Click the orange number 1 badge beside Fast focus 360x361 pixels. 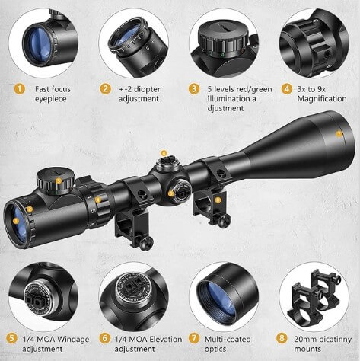(19, 89)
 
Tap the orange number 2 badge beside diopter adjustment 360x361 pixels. (105, 89)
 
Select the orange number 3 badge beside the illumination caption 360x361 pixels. (194, 89)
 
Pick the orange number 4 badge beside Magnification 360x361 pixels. (287, 89)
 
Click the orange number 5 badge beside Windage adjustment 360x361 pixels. (12, 338)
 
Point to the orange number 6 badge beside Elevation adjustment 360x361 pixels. (104, 338)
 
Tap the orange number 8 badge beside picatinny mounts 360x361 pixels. (282, 338)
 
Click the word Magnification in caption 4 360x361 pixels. (322, 99)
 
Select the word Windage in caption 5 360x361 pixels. (73, 339)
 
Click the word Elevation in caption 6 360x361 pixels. (165, 339)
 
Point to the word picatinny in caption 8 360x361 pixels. (335, 340)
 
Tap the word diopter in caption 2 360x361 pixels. (147, 89)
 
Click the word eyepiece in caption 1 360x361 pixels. (50, 99)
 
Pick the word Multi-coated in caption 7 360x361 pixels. (228, 339)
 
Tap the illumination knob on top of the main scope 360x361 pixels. (56, 180)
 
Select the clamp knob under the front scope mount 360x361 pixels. (224, 219)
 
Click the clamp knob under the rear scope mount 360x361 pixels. (146, 243)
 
